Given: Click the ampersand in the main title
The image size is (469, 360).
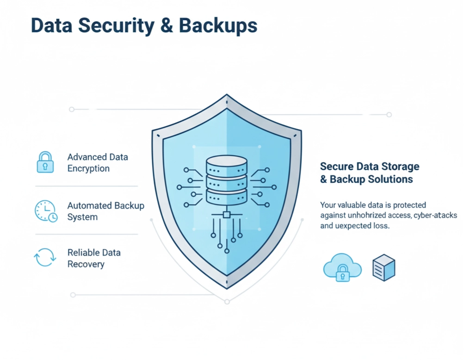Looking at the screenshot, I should pos(168,26).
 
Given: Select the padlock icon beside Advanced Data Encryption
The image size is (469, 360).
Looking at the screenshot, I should pos(45,162).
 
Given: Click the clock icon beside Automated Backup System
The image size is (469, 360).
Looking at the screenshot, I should pos(46,211).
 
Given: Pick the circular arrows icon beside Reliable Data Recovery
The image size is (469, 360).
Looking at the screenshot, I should pos(45,258).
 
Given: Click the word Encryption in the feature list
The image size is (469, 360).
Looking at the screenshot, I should pos(88,168).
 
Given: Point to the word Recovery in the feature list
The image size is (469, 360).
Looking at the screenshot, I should pos(86,264).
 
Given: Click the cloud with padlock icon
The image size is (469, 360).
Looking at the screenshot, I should pos(342,268).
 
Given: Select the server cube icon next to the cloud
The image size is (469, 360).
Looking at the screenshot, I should pos(384,267).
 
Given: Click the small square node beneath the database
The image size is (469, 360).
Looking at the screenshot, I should pos(227,214).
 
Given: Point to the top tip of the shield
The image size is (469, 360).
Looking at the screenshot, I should pos(227,96).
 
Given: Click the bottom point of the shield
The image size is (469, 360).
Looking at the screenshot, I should pos(227,288).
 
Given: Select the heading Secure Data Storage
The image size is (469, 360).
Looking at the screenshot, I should pos(370,167).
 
